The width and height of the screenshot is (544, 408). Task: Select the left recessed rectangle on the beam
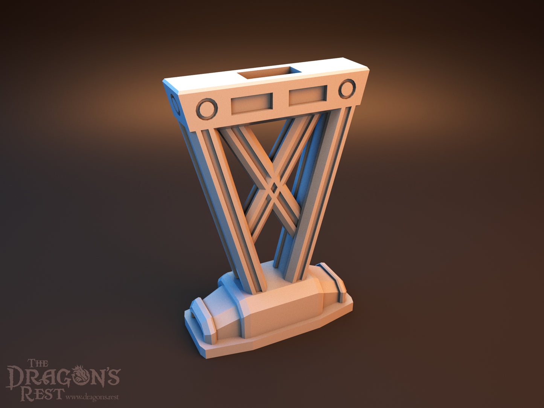(252, 104)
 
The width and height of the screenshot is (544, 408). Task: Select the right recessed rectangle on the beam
(308, 95)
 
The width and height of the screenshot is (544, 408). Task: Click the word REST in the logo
(43, 393)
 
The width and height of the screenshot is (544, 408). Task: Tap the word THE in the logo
(38, 363)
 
